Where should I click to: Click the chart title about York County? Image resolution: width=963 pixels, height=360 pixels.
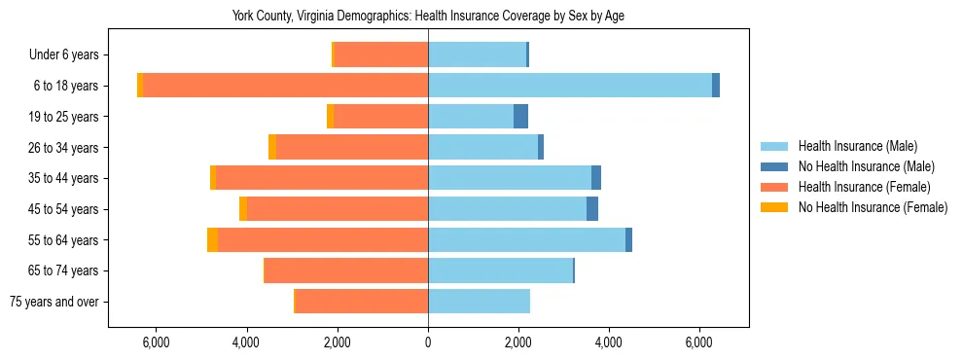[434, 16]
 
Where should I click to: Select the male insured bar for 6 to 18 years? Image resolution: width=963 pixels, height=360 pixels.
[569, 86]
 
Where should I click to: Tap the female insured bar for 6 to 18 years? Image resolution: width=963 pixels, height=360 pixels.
[286, 86]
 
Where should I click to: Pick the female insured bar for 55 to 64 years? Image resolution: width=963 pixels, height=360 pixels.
[323, 240]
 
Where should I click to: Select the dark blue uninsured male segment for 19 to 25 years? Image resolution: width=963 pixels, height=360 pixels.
[520, 117]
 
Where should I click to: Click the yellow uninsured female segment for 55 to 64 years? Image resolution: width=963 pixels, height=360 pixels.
[212, 240]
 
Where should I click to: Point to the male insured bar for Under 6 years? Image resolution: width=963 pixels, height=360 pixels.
[477, 54]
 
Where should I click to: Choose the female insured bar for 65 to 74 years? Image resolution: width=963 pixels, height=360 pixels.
[346, 270]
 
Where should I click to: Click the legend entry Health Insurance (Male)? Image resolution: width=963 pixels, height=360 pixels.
[857, 146]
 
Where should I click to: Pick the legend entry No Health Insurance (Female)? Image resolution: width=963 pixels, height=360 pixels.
[873, 207]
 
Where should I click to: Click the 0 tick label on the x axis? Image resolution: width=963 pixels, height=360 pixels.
[428, 342]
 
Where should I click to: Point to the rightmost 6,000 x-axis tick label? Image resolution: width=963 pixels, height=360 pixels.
[699, 342]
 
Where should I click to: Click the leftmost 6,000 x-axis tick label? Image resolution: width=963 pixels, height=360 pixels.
[157, 342]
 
